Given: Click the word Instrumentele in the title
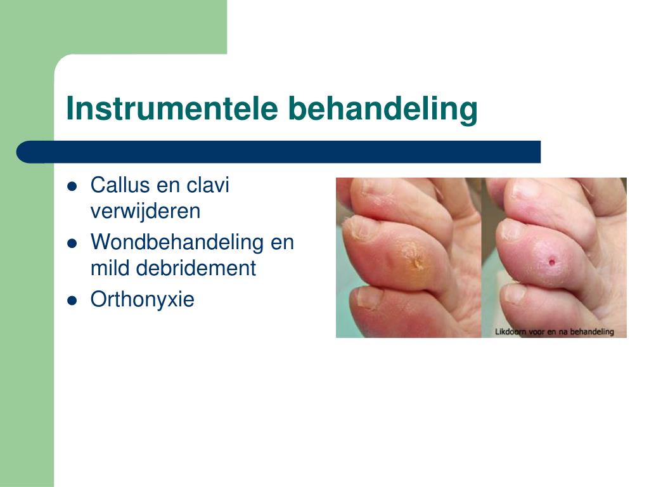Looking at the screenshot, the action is (172, 108).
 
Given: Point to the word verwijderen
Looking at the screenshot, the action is (145, 211).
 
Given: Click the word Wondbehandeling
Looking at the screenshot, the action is (177, 242).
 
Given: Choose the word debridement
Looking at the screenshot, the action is (196, 268).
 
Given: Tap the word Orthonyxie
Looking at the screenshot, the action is (143, 299).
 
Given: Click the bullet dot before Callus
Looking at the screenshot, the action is (72, 186).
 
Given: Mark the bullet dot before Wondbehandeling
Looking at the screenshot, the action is (72, 243).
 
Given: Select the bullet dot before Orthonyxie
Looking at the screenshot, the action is (72, 300).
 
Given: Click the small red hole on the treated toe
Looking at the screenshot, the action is (552, 262).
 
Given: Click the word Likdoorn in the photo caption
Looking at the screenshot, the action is (510, 331).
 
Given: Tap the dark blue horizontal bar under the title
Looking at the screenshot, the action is (279, 152).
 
